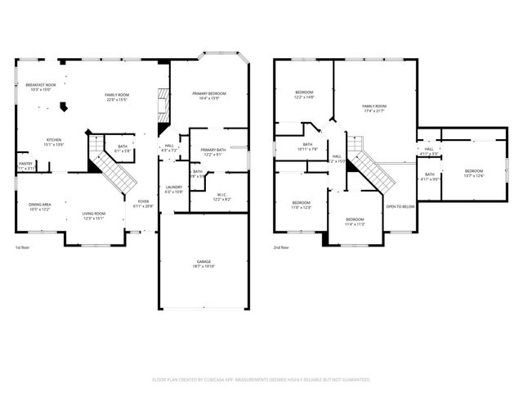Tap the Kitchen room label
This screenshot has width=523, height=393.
click(54, 142)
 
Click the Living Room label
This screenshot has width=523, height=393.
click(92, 216)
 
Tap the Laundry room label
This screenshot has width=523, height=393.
click(173, 189)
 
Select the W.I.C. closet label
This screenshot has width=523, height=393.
click(221, 196)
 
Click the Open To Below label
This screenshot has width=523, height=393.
click(400, 206)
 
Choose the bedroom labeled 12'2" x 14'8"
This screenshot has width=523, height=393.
click(304, 94)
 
